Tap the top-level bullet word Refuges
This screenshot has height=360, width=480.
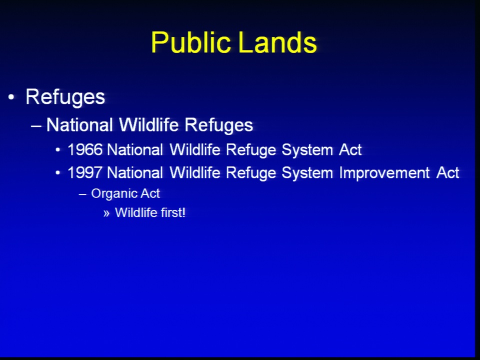65,98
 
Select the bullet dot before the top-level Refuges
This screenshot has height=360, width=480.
11,97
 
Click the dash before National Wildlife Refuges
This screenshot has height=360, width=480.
36,125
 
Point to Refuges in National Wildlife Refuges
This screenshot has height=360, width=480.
218,125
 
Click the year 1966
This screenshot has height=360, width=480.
85,149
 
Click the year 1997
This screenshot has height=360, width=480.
85,172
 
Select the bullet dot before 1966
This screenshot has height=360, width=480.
58,150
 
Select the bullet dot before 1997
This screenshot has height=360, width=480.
58,173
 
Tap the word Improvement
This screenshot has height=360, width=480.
384,173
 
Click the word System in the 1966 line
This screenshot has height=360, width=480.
307,150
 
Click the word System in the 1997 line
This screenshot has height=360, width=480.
307,173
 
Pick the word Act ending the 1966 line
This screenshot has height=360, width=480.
350,149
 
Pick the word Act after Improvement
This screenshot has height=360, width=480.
448,172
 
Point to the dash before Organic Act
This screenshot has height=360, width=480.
82,194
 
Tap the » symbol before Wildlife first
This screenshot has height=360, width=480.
106,213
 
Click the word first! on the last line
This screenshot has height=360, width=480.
173,212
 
